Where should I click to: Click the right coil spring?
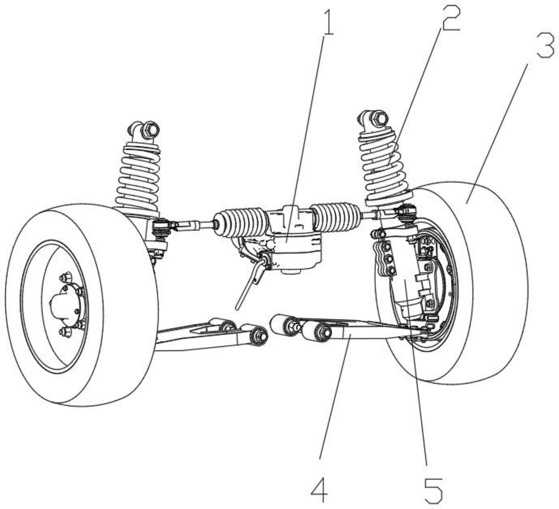pyautogui.click(x=384, y=168)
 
